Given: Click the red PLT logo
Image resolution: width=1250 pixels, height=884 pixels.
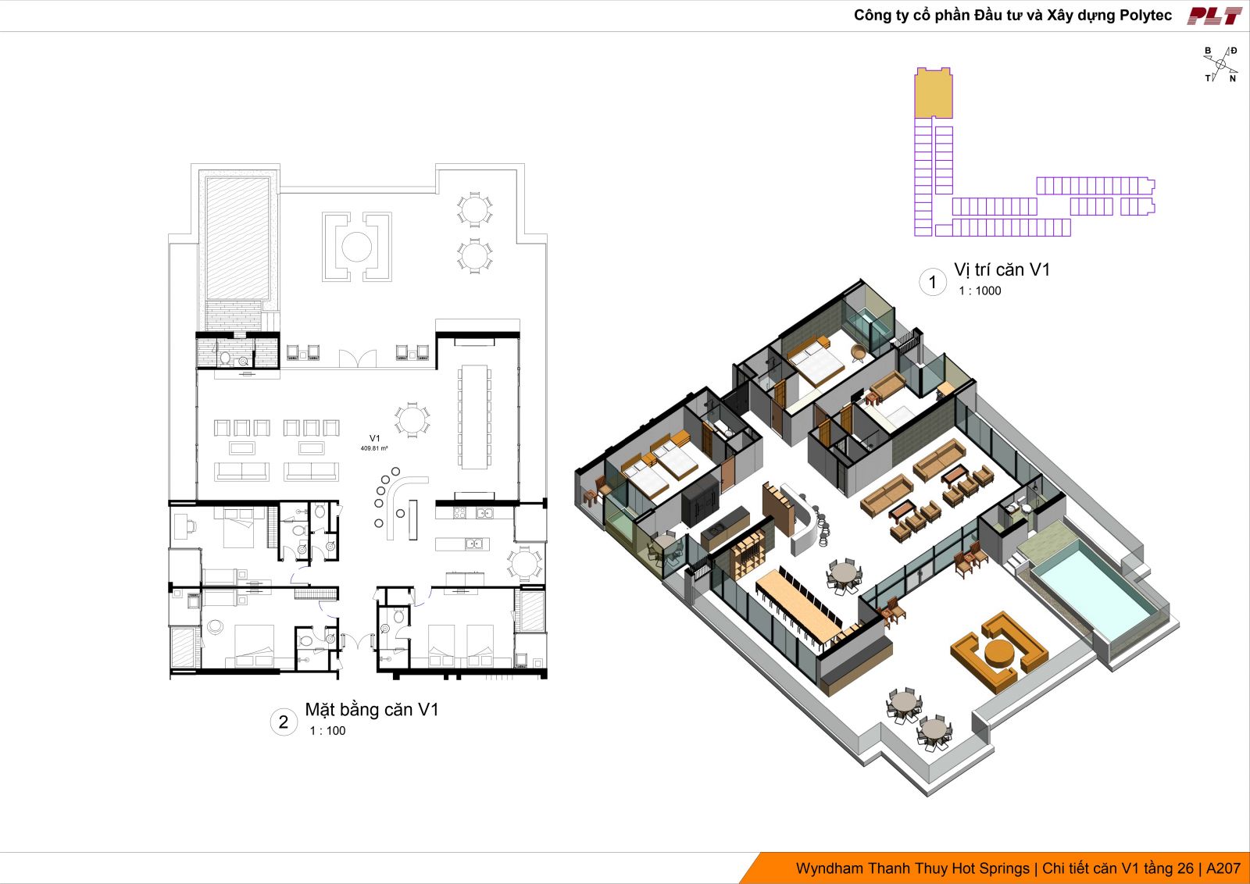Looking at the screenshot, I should (1214, 16).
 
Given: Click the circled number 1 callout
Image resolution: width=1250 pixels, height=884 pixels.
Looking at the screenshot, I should (932, 282).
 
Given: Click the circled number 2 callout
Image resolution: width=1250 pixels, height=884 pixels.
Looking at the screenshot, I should (284, 722).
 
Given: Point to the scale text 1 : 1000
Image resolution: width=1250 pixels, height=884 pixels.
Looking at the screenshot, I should (980, 291).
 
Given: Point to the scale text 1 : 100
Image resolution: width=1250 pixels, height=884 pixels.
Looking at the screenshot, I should (327, 731).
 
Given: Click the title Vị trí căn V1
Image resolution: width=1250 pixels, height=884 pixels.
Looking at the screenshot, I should (1002, 270).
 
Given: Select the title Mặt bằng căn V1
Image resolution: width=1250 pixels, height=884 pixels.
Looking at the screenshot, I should (372, 710).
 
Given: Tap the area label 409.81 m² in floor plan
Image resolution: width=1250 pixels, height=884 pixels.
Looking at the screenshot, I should (374, 448).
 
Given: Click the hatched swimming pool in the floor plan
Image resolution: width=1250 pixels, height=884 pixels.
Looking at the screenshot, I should (237, 238).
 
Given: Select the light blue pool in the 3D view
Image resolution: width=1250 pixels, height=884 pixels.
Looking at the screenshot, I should (1094, 586).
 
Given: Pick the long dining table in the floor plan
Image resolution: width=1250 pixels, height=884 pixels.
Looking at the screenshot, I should (474, 416).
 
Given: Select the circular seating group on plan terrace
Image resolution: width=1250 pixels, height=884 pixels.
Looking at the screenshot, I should (356, 247).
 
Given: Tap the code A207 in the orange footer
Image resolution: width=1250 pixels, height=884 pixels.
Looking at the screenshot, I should (1223, 868).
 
